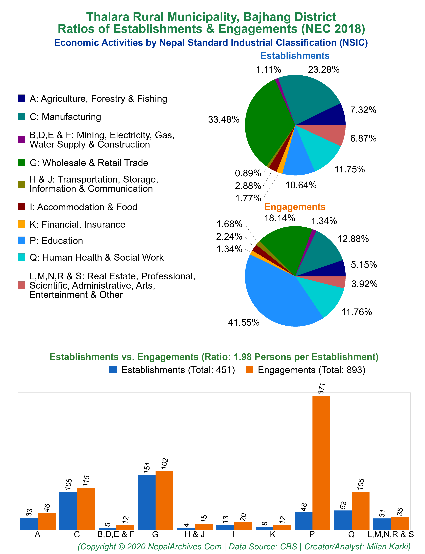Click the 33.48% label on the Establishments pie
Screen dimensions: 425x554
(x=224, y=120)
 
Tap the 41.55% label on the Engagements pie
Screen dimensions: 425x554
(x=244, y=323)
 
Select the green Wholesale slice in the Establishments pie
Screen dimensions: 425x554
(x=266, y=124)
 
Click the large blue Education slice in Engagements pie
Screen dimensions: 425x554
(x=273, y=296)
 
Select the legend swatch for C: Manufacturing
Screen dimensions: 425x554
(x=21, y=116)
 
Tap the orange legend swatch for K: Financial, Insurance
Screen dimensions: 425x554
(x=21, y=224)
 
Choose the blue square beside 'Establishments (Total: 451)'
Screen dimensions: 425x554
(x=113, y=370)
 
